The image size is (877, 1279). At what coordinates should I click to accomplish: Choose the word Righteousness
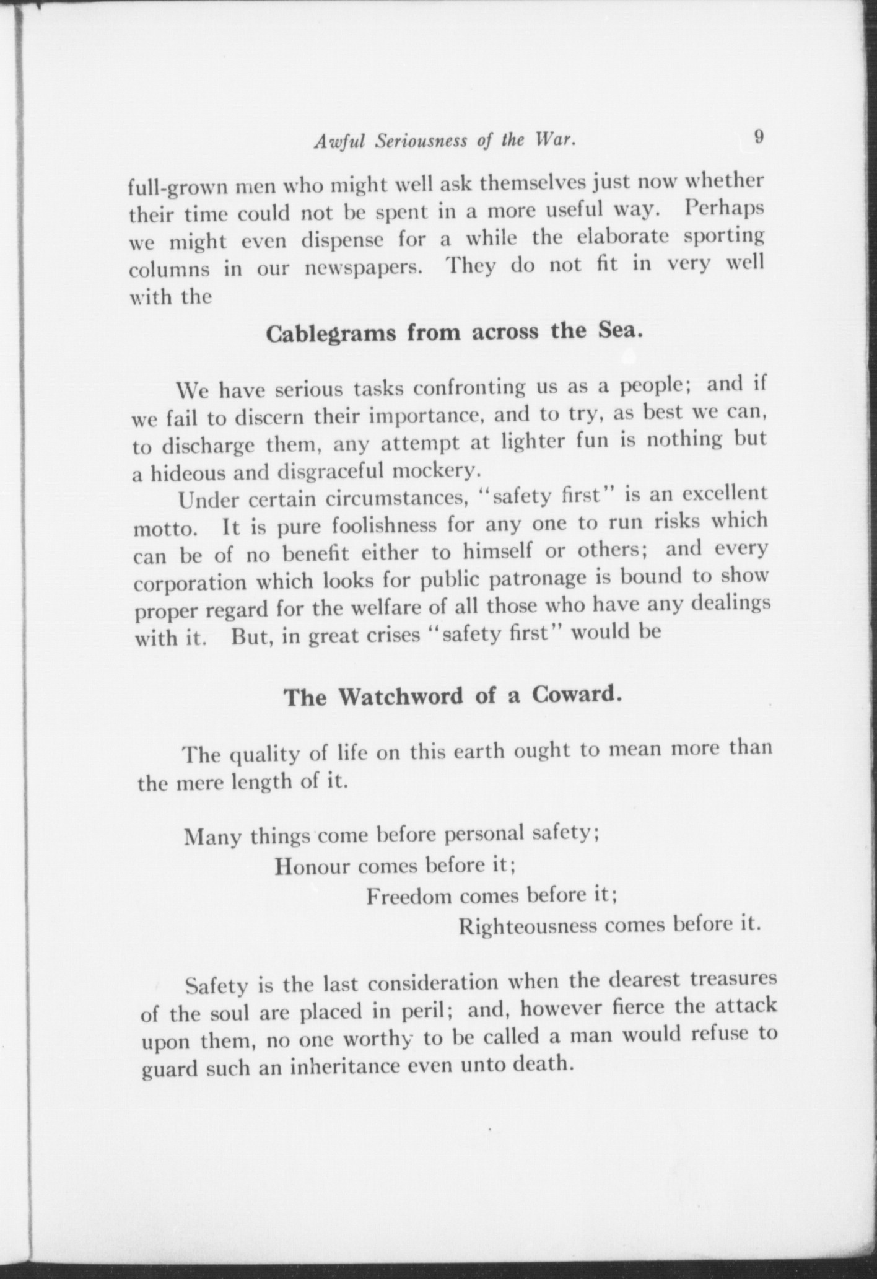pos(526,926)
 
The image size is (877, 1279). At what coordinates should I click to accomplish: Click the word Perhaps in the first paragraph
pos(724,208)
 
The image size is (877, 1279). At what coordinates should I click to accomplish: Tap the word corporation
pos(191,584)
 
